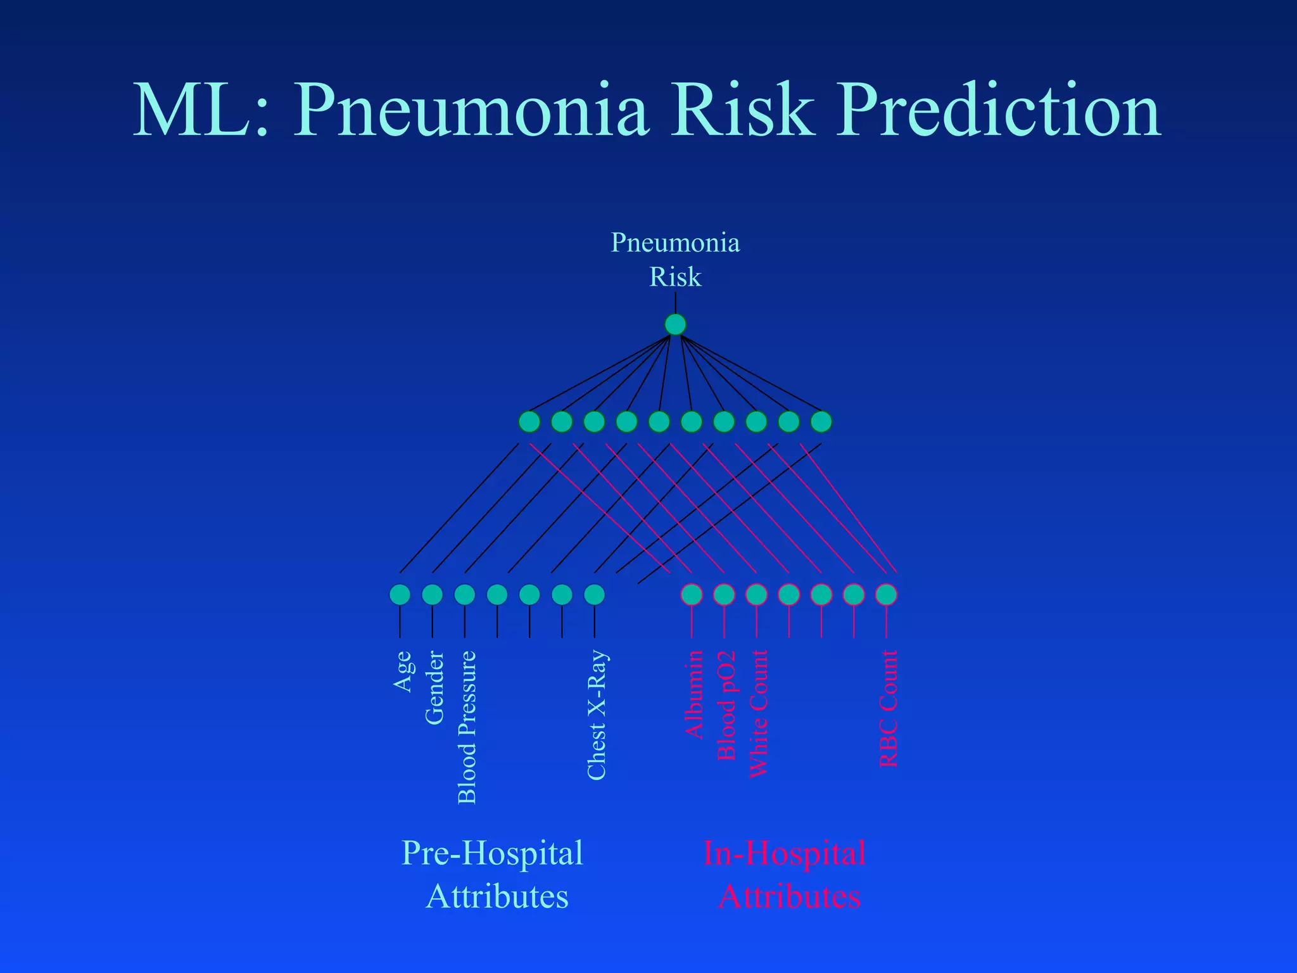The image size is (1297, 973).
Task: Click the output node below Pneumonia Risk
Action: tap(675, 324)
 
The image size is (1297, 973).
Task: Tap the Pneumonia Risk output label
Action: tap(675, 260)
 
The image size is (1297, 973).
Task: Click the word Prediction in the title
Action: tap(998, 111)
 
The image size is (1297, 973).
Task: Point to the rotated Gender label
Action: tap(434, 687)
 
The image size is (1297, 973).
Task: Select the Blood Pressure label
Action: tap(467, 727)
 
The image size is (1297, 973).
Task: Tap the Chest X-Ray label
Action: tap(597, 715)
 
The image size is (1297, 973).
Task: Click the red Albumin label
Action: tap(694, 694)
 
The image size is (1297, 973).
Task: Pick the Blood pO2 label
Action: tap(726, 705)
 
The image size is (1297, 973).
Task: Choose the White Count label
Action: tap(758, 714)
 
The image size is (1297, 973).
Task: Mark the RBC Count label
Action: tap(889, 708)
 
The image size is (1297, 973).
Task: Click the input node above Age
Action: tap(400, 594)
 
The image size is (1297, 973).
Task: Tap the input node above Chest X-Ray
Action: tap(594, 594)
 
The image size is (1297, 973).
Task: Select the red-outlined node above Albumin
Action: tap(692, 594)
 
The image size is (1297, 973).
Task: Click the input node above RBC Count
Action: tap(886, 594)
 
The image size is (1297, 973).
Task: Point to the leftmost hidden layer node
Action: tap(529, 421)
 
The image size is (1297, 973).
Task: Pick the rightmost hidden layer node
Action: tap(821, 421)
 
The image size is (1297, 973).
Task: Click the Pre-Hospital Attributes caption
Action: tap(493, 874)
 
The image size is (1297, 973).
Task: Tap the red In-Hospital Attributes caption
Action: tap(785, 874)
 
